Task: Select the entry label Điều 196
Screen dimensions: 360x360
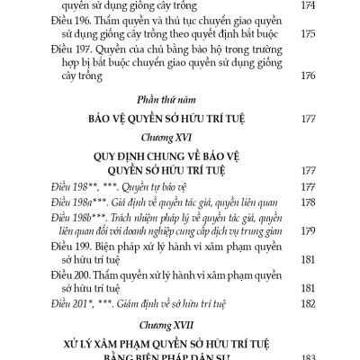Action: [69, 22]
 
